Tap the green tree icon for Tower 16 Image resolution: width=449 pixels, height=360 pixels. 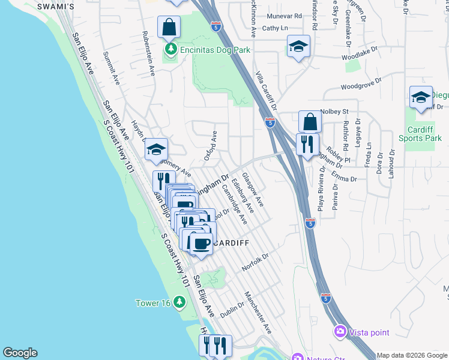178,302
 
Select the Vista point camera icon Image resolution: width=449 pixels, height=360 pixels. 340,331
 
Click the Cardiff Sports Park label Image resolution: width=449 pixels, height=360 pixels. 420,134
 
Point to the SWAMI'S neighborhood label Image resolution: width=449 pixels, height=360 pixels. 55,6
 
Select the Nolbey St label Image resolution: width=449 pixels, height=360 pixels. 334,112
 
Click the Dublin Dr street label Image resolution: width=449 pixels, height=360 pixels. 231,310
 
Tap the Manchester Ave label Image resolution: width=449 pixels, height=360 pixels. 258,313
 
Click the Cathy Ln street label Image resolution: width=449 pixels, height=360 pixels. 275,28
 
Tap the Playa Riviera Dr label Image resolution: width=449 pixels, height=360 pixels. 322,193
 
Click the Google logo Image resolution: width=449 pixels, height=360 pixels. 20,353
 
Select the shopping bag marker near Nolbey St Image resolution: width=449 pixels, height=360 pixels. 310,122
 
